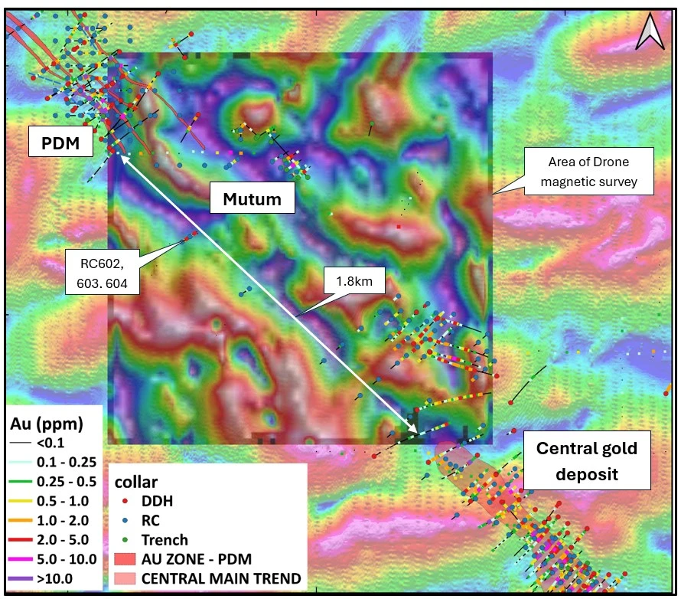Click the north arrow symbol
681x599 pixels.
click(652, 33)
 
